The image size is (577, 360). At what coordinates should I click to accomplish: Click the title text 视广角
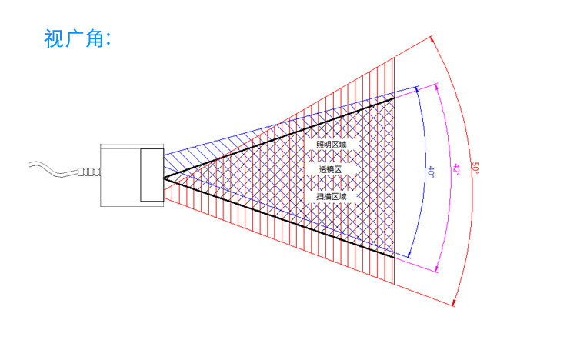[x=78, y=38]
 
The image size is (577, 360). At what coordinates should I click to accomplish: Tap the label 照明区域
[x=332, y=145]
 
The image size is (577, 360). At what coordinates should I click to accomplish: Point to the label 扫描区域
[x=332, y=197]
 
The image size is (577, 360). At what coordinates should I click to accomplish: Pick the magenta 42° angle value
[x=455, y=170]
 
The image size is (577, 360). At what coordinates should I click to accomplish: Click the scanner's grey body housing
[x=120, y=175]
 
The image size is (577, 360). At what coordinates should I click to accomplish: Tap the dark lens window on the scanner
[x=152, y=175]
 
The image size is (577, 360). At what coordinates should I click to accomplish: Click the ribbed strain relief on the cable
[x=90, y=172]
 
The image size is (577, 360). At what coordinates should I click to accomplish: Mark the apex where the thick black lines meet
[x=164, y=178]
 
